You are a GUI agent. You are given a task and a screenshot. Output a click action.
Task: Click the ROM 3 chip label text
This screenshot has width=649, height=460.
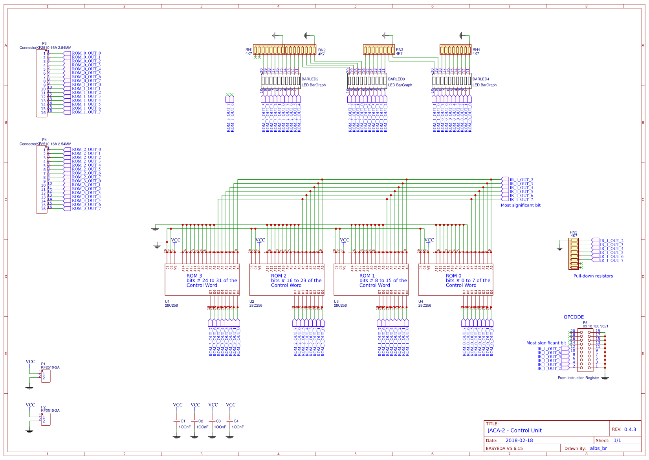coord(194,276)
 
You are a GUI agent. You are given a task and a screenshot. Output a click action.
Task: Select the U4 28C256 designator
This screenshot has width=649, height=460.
coord(424,304)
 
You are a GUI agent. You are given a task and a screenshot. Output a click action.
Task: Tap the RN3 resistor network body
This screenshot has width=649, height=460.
coord(379,50)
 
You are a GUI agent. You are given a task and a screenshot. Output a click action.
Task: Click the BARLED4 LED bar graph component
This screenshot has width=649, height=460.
coord(451,81)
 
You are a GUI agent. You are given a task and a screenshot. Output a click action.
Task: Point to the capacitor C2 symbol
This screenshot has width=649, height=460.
coord(194,421)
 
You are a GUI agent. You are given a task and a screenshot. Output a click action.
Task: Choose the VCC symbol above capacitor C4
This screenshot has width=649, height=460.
coord(231,405)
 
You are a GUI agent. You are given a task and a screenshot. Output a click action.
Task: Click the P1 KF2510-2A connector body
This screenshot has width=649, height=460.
coord(46,376)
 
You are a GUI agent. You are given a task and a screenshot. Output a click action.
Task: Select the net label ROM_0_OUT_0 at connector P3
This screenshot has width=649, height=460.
coord(86,53)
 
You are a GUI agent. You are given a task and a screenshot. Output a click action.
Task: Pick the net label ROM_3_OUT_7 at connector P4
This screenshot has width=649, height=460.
coord(86,208)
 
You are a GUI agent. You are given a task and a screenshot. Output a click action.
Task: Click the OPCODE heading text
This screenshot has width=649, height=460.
coord(574,317)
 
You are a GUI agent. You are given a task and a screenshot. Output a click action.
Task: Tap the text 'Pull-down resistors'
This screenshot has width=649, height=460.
coord(593,276)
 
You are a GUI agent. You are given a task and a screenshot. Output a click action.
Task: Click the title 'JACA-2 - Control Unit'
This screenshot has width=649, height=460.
coord(514,431)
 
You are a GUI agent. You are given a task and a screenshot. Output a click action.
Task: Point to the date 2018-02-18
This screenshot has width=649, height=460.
coord(519,440)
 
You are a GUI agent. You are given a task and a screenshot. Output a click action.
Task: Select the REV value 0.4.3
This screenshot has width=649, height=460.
coord(630,429)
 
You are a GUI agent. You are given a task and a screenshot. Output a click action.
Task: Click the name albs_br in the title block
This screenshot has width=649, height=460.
coord(598,448)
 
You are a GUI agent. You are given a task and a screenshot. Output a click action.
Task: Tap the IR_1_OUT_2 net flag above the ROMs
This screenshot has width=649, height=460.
coord(521,180)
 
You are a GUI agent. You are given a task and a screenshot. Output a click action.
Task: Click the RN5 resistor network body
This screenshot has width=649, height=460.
coord(574,254)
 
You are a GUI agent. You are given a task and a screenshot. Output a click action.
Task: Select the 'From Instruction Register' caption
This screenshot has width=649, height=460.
coord(578,378)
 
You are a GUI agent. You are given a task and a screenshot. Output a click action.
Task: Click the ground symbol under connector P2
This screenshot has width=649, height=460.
coord(29,431)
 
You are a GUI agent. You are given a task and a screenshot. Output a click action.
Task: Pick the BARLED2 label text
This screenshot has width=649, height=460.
coord(310,79)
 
